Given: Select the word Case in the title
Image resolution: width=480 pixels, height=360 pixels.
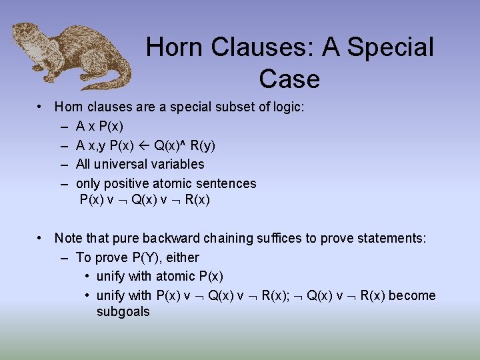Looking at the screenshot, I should pyautogui.click(x=289, y=79).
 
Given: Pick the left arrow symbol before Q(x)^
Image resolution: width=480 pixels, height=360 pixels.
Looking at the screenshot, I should pyautogui.click(x=143, y=145).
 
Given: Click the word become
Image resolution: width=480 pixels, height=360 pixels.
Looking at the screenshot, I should pyautogui.click(x=413, y=295).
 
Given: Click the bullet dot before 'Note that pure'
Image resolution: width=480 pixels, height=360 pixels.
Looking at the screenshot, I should pyautogui.click(x=41, y=238).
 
